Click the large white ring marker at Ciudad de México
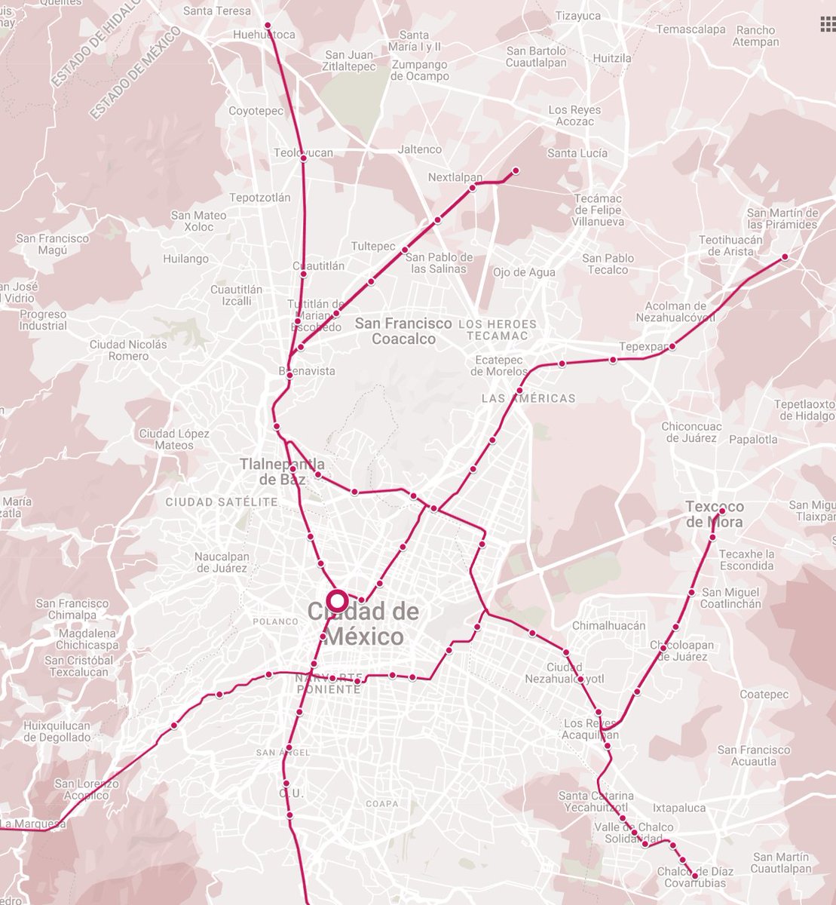pos(337,601)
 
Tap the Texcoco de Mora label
pos(714,514)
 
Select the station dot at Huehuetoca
pos(268,26)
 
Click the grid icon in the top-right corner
pos(827,25)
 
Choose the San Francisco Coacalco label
pos(403,331)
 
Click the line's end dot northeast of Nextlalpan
pos(516,170)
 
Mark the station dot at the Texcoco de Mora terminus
pos(721,511)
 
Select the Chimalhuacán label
pos(608,625)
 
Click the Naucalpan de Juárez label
pos(222,562)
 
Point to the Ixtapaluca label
pos(679,808)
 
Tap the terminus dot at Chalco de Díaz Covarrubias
pos(694,870)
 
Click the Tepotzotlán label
pos(259,198)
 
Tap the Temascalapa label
pos(691,29)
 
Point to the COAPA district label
pos(381,804)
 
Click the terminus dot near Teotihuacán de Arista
pos(785,257)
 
